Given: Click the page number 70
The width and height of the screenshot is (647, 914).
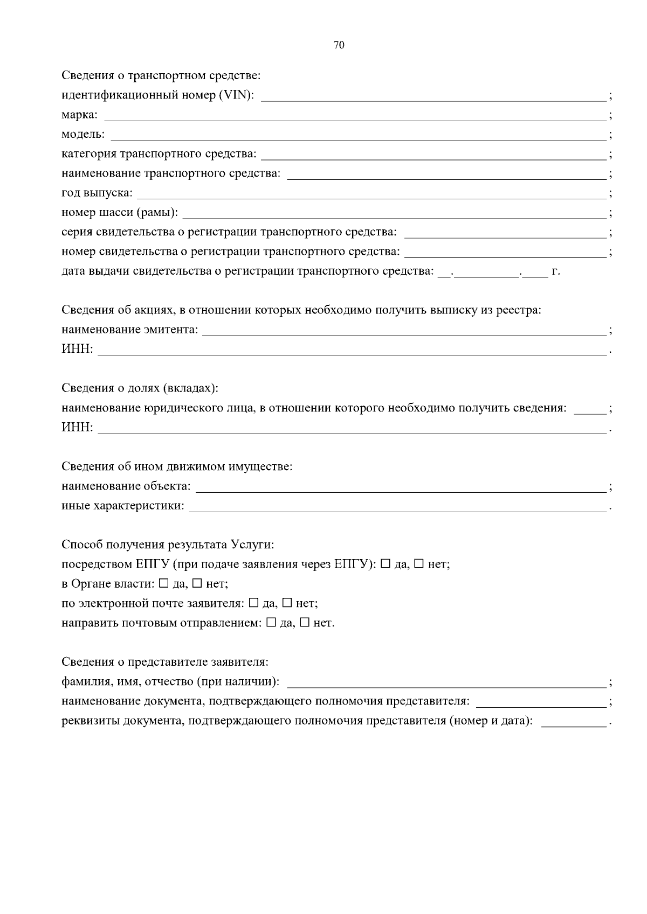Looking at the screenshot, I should tap(339, 45).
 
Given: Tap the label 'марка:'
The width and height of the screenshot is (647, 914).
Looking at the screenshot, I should tap(79, 115).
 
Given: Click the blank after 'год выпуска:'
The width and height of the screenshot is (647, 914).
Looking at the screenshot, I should tap(372, 194).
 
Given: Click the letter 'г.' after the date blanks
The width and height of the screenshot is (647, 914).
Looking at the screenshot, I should tap(556, 271).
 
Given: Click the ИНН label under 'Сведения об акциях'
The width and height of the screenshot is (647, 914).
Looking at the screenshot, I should tap(77, 350).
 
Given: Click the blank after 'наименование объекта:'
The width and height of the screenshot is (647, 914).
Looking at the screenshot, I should tap(400, 488).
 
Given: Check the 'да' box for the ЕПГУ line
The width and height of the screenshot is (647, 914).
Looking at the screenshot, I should tap(386, 564).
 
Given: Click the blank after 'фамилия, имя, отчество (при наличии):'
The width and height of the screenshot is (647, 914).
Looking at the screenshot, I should tap(446, 683).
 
